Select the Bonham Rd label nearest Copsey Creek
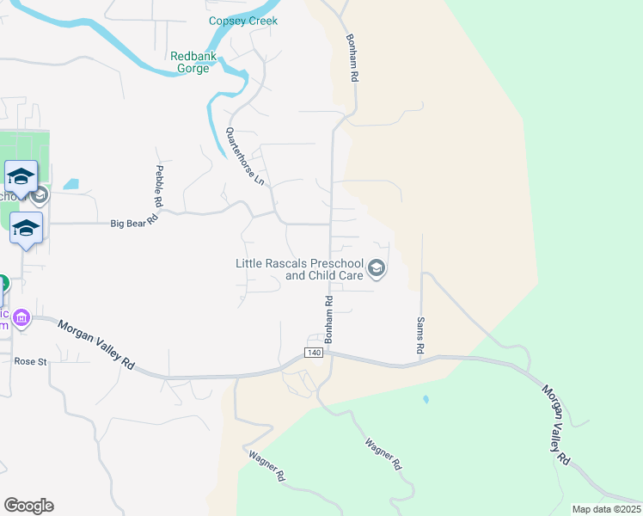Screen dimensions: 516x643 [x=352, y=58]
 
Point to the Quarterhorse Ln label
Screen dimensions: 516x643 [x=245, y=157]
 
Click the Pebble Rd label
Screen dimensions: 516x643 [x=159, y=186]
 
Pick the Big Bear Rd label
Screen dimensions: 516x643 [x=135, y=223]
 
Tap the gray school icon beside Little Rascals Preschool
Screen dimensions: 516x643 [x=376, y=270]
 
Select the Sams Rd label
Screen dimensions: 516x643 [x=420, y=335]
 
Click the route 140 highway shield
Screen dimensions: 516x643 [x=314, y=353]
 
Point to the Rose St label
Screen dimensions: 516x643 [x=30, y=362]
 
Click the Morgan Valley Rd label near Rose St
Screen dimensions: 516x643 [x=96, y=344]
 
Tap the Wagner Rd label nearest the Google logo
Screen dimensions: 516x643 [x=266, y=465]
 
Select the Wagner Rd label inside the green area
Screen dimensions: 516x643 [x=383, y=453]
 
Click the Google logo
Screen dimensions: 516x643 [x=28, y=506]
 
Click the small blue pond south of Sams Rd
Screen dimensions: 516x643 [x=426, y=400]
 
